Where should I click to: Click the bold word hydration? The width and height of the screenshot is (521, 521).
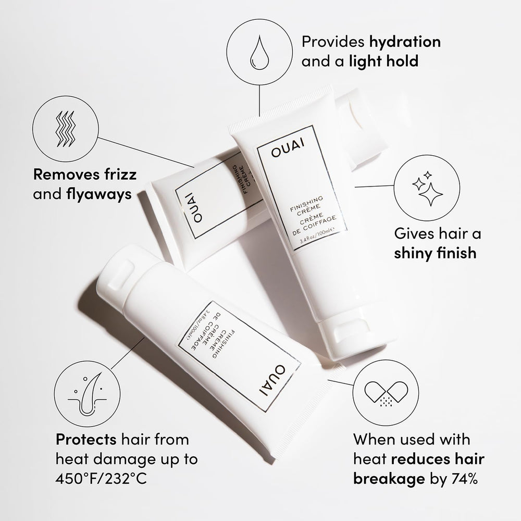pos(404,42)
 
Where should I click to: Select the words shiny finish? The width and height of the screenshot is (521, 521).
pos(435,253)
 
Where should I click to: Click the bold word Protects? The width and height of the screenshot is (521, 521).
pos(86,439)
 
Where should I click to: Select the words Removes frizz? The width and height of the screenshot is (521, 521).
pos(84,175)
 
